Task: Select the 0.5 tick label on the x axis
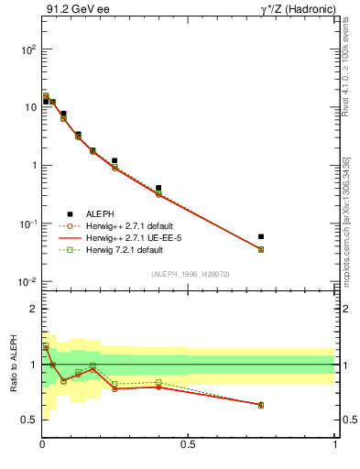click(x=188, y=444)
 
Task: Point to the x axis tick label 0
click(x=42, y=444)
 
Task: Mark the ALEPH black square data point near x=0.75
click(x=261, y=236)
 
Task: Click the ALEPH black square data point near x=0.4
click(x=158, y=188)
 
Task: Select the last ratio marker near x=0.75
click(x=261, y=404)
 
